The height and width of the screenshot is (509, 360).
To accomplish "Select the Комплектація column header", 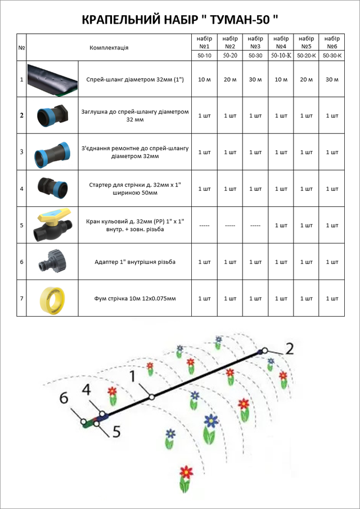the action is tap(109, 48).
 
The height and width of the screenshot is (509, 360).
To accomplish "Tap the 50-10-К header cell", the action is tap(281, 56).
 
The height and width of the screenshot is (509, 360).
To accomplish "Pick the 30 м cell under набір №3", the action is tap(255, 79).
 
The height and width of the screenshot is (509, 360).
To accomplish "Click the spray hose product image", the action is tap(52, 79).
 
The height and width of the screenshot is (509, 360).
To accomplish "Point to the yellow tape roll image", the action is tap(52, 298).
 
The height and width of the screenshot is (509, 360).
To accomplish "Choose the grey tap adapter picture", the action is tap(52, 262).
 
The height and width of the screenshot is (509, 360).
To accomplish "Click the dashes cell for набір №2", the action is tap(230, 225).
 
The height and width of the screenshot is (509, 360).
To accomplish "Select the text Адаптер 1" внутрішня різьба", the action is tap(134, 262).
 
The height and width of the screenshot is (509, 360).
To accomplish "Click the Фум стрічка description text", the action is tap(134, 298).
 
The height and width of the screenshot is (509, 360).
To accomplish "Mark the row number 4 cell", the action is tap(21, 188).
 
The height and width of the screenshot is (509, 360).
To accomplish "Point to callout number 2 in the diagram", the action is tap(289, 350).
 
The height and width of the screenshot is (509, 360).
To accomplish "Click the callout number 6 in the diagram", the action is tap(64, 398).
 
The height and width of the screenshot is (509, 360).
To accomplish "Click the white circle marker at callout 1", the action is tap(152, 397).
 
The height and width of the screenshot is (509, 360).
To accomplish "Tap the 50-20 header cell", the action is tap(230, 56).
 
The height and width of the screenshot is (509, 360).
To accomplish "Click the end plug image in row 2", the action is tap(52, 115).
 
